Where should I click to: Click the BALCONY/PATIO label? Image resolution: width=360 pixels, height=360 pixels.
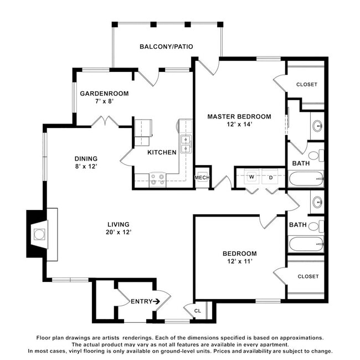tap(166, 47)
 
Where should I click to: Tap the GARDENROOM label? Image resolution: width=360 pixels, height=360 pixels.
tap(104, 94)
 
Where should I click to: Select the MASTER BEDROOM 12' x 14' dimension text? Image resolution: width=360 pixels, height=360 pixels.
tap(239, 124)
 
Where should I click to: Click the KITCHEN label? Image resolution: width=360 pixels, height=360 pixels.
tap(162, 152)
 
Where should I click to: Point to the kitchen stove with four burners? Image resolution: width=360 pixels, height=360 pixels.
tap(157, 179)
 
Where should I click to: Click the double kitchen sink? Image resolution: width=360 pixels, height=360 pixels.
tap(186, 144)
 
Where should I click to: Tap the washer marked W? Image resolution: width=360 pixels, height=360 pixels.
tap(251, 177)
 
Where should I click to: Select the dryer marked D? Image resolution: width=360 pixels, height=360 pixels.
tap(270, 177)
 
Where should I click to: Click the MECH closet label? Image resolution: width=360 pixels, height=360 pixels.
tap(202, 177)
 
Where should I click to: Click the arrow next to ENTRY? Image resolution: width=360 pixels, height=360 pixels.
tap(156, 301)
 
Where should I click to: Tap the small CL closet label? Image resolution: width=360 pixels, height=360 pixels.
tap(198, 311)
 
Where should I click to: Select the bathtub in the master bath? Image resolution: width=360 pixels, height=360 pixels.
tap(306, 179)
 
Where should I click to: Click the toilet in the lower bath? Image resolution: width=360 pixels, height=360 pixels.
tap(316, 227)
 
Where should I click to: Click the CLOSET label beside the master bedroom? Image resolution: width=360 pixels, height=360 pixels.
tap(307, 85)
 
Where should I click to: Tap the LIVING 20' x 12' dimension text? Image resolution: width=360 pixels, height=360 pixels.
tap(119, 232)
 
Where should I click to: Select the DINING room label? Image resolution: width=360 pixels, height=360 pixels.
tap(86, 158)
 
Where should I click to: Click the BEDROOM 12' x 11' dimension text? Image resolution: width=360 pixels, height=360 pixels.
tap(240, 261)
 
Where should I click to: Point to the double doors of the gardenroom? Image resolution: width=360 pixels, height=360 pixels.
tap(105, 121)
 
